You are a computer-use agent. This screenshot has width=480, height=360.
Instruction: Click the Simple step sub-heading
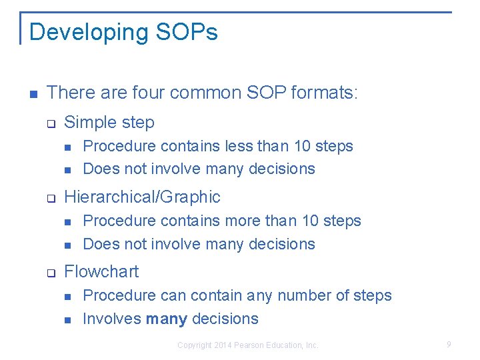click(x=109, y=123)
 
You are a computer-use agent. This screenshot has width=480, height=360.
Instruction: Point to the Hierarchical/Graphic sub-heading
click(x=142, y=197)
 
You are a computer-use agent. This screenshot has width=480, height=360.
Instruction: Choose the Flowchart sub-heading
click(x=101, y=272)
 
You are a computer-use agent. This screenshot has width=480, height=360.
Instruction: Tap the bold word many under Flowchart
click(x=166, y=319)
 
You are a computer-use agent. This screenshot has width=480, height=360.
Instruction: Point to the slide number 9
click(x=449, y=345)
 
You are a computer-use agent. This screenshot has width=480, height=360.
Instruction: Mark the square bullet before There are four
click(x=33, y=93)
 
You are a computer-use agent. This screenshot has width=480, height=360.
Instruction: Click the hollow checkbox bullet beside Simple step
click(x=49, y=123)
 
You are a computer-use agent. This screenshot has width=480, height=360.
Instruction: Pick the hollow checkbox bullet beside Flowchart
click(x=49, y=273)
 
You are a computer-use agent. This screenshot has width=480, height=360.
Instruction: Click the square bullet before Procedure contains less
click(x=68, y=147)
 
